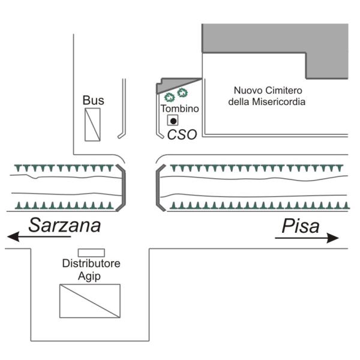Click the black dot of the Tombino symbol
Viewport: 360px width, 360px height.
(x=173, y=121)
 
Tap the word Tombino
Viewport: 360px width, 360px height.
(x=179, y=109)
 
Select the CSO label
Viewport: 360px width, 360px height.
(x=182, y=134)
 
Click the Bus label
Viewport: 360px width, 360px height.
(x=93, y=100)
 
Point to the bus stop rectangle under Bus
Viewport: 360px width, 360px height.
(x=92, y=124)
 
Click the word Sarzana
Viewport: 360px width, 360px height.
(x=65, y=225)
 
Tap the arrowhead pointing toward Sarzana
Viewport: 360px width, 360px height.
(x=13, y=236)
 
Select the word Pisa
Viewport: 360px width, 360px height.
(x=301, y=226)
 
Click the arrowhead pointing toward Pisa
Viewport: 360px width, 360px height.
(x=333, y=238)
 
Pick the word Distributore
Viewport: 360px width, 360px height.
(x=91, y=263)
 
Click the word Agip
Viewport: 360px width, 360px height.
(x=89, y=276)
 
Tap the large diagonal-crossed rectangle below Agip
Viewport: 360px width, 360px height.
(x=90, y=301)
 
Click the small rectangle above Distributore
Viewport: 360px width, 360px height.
(x=91, y=253)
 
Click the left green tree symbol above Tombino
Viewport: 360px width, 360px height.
(x=169, y=97)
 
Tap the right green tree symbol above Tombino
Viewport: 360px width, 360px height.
(x=182, y=93)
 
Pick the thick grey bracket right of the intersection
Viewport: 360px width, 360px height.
(x=158, y=188)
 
